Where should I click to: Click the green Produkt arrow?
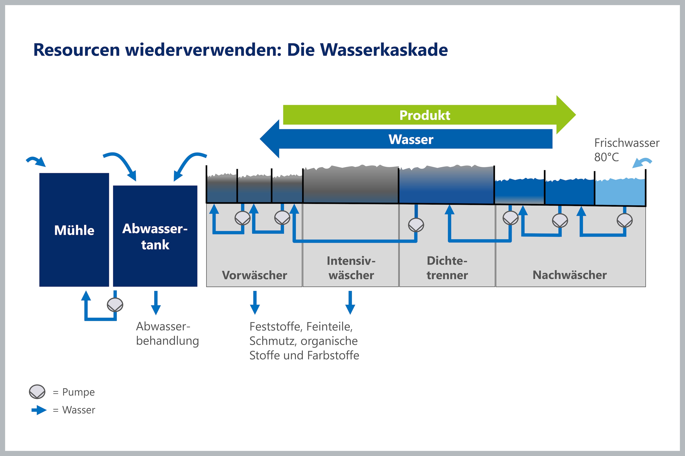[x=429, y=115]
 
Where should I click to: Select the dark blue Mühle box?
[x=74, y=230]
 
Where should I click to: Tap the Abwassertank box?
[x=155, y=236]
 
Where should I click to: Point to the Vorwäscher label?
[x=255, y=275]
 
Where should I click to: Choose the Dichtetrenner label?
[x=447, y=268]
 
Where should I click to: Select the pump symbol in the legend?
[x=37, y=392]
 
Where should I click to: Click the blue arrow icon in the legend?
[x=39, y=410]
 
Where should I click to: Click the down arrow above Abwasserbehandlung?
[x=156, y=303]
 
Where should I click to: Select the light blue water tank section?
[x=620, y=192]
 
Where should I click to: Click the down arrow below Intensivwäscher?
[x=350, y=303]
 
